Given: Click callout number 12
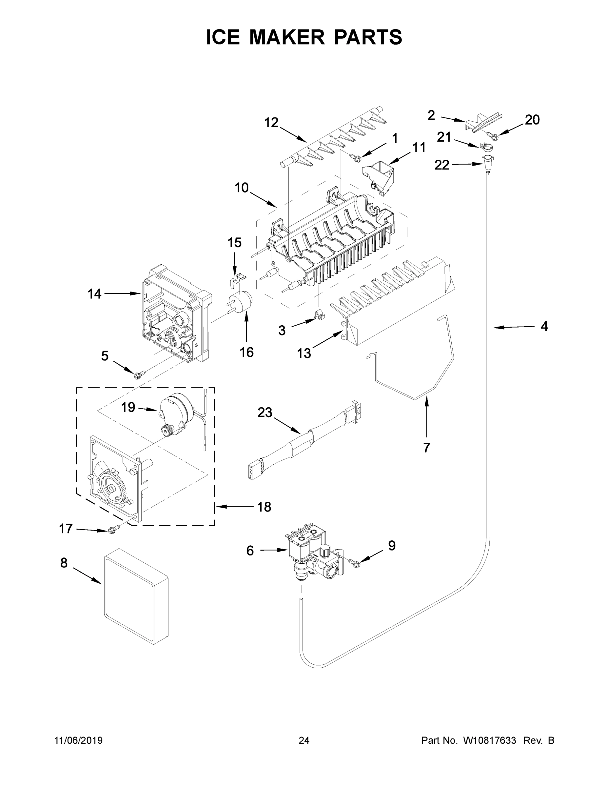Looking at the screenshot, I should pos(271,123).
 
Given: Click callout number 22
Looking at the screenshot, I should pos(441,165).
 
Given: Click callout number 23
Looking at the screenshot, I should pos(265,413).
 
